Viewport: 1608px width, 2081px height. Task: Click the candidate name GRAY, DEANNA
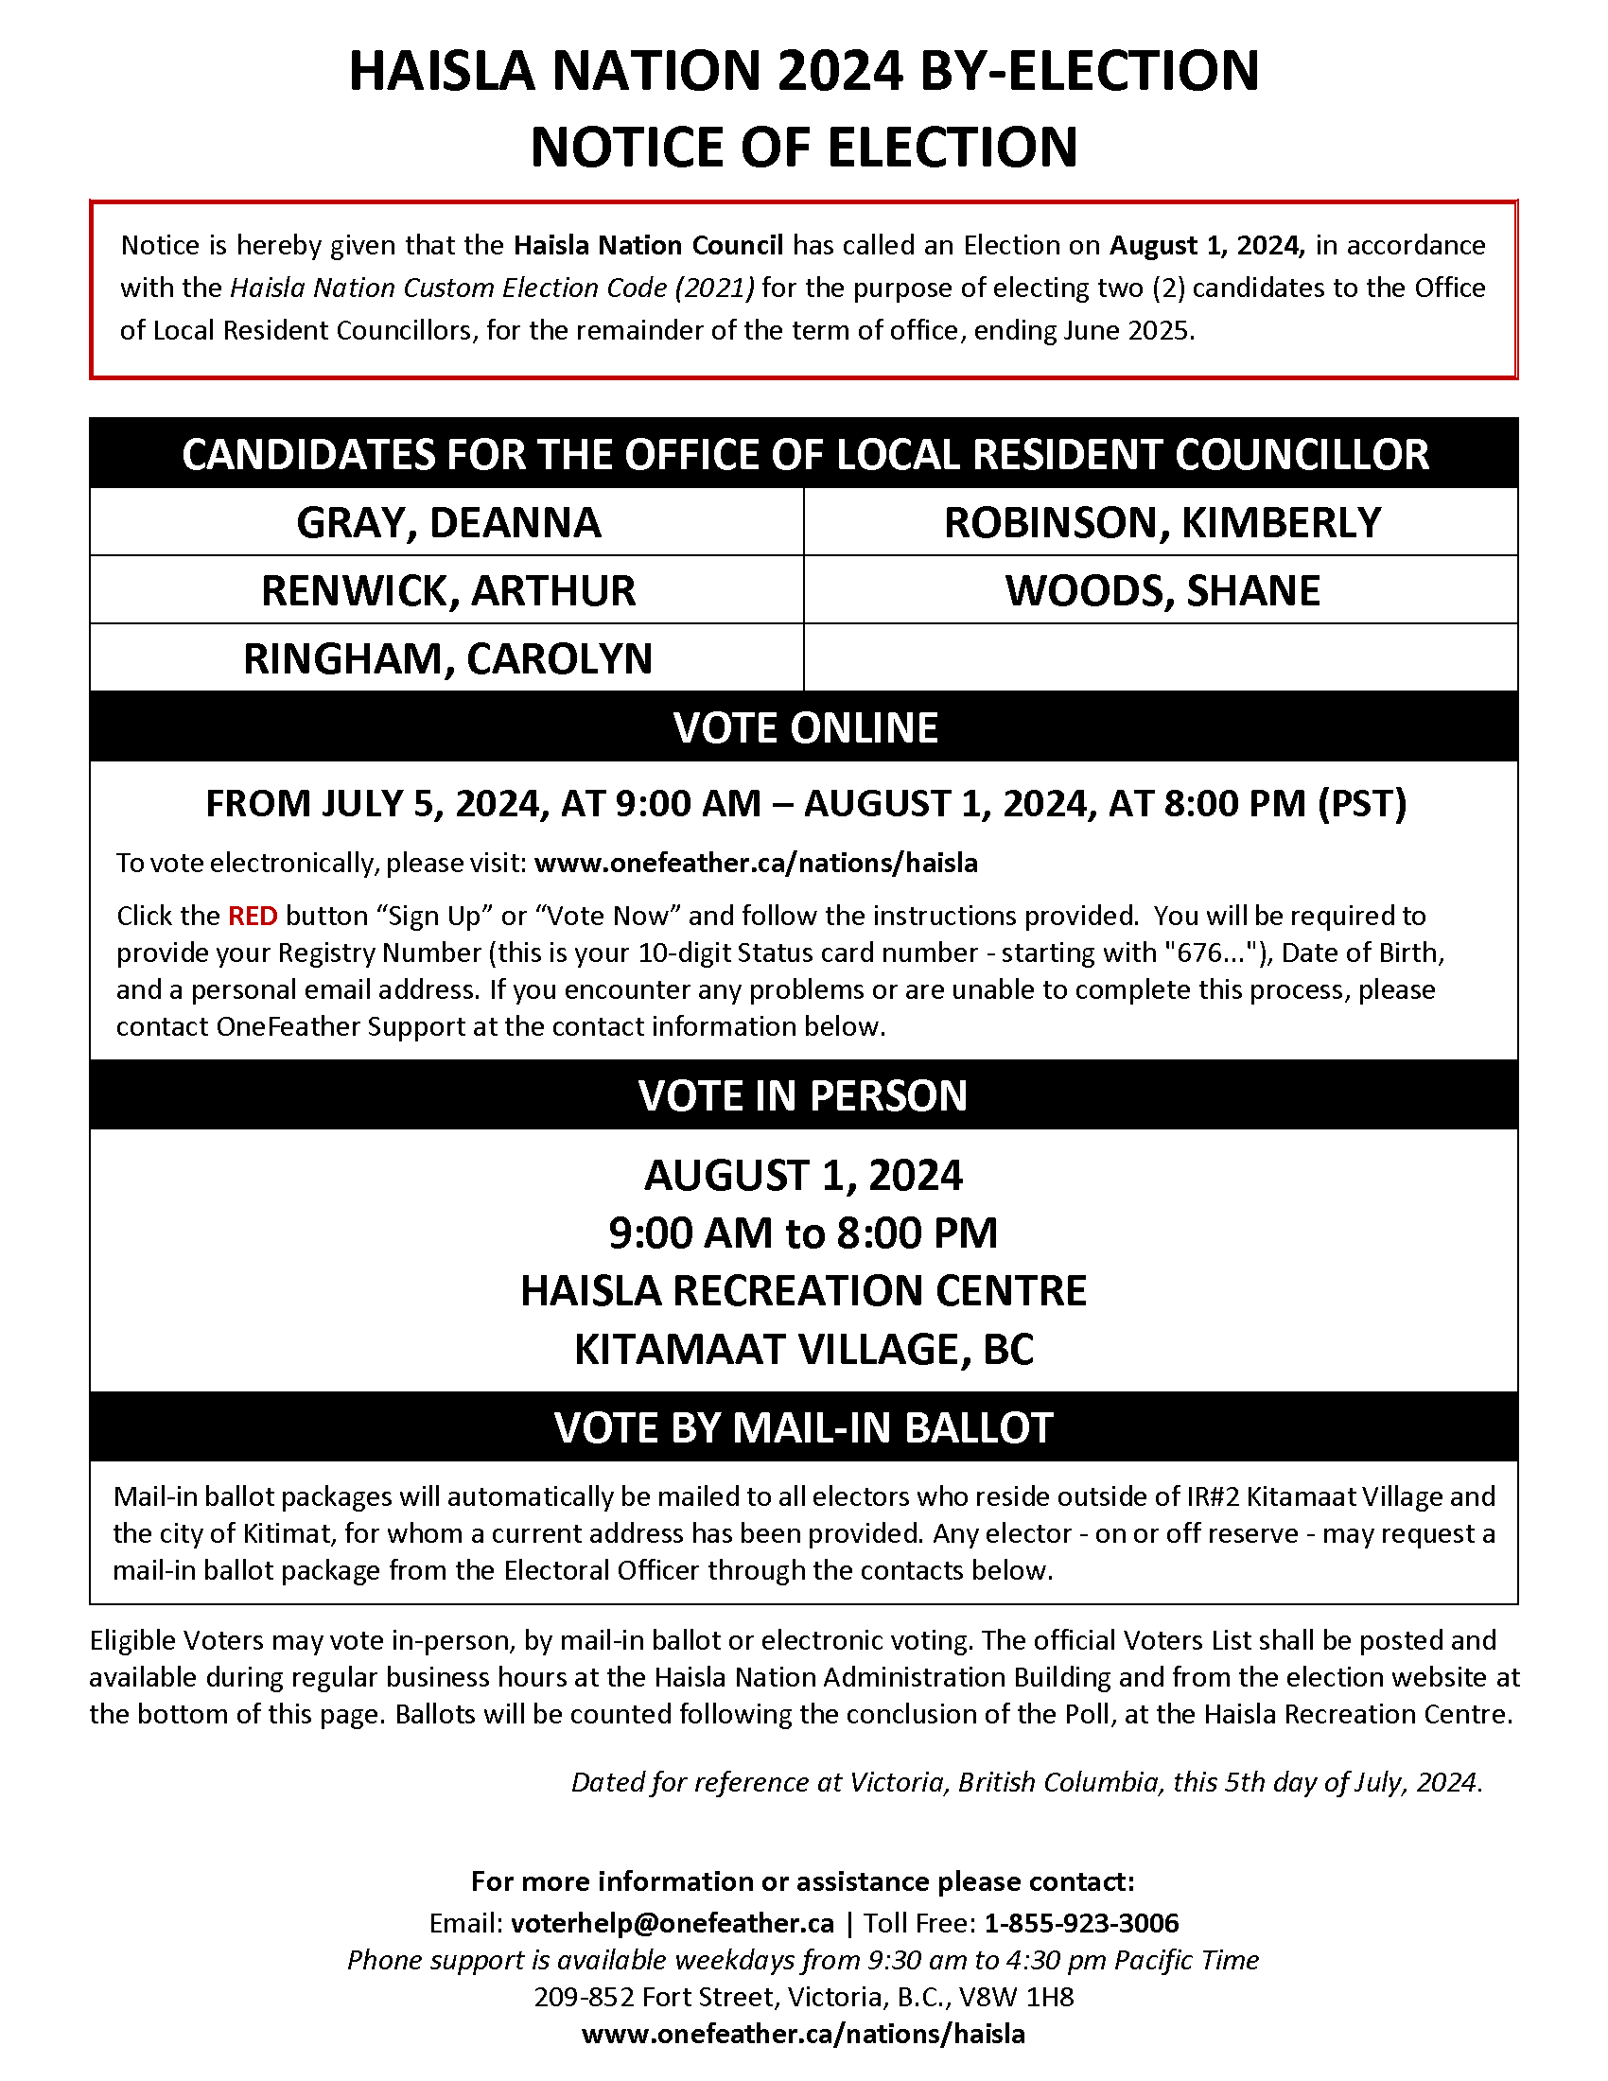click(x=447, y=522)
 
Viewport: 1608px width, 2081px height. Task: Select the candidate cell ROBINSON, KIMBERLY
click(x=1162, y=522)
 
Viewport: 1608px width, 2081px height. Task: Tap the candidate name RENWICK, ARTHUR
click(x=447, y=591)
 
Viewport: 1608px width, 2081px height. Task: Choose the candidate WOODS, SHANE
click(x=1162, y=591)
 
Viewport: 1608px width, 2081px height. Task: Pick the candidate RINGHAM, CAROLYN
click(x=447, y=658)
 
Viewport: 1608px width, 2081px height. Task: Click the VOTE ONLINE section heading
click(x=805, y=728)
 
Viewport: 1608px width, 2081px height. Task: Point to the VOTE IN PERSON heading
click(x=803, y=1095)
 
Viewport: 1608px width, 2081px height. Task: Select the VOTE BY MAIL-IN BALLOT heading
click(x=803, y=1427)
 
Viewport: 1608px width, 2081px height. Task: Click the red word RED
click(x=253, y=916)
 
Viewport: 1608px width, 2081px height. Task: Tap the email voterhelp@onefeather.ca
click(x=672, y=1923)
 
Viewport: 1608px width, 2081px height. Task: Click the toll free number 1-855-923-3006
click(x=1081, y=1923)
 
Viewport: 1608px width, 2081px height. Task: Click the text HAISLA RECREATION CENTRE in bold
click(x=803, y=1291)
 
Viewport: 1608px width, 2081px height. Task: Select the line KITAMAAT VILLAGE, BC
click(x=803, y=1349)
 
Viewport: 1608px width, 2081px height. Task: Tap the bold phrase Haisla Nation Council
click(x=648, y=246)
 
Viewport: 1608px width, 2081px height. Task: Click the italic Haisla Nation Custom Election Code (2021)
click(x=493, y=288)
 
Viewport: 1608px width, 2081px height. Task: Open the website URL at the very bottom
click(x=803, y=2034)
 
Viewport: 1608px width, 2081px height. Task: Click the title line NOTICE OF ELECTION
click(x=803, y=148)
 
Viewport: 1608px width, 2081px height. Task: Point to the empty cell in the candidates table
click(x=1161, y=657)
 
